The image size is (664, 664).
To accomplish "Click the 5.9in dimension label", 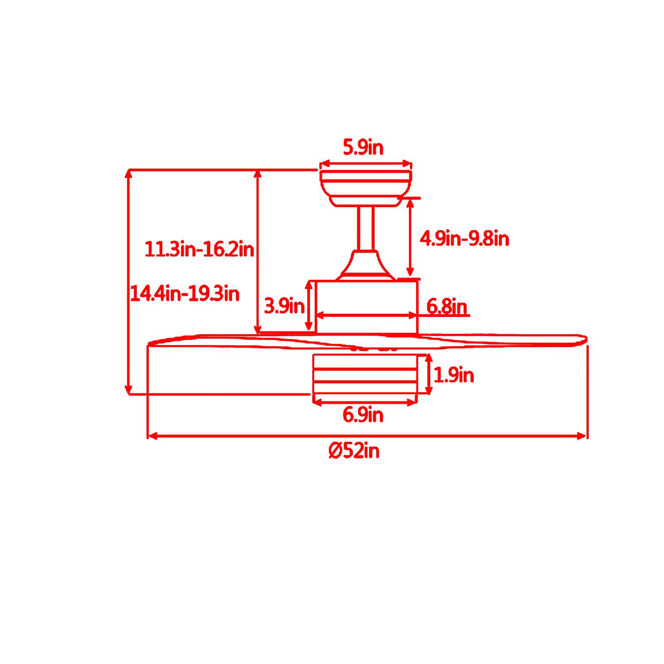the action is (x=363, y=147).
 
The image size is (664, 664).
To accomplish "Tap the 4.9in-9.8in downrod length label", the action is (x=464, y=239).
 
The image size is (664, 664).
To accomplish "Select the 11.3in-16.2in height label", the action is (x=200, y=250).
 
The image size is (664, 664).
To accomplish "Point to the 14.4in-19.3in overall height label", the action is (x=185, y=293).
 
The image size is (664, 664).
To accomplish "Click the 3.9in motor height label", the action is (x=284, y=306).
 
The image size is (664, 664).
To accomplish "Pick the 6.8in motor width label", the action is (x=447, y=306).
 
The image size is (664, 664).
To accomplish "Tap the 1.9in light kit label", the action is (x=454, y=376).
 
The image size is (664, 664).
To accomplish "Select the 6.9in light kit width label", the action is (x=363, y=415).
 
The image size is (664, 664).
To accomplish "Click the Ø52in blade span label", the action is (x=354, y=452).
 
